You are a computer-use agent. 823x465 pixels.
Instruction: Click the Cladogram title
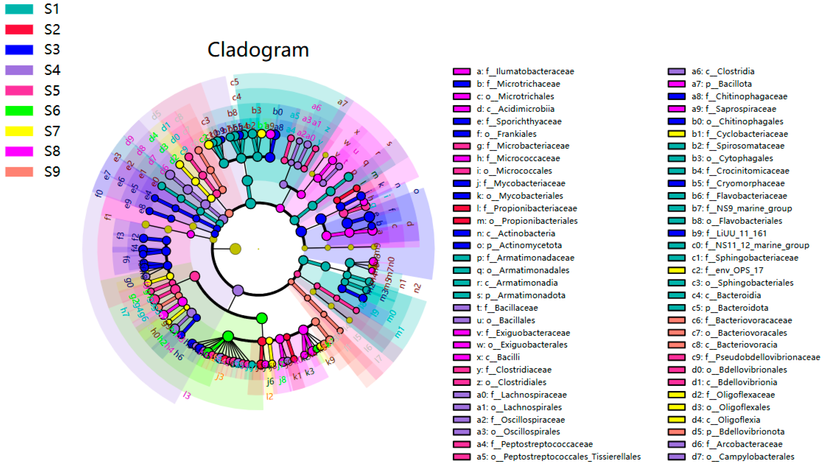[x=258, y=50]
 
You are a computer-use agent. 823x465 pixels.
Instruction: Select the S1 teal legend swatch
[x=19, y=9]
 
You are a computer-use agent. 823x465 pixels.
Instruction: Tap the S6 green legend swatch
[x=19, y=110]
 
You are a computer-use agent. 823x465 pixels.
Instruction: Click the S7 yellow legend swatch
[x=19, y=131]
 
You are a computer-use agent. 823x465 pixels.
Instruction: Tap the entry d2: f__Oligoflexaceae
[x=733, y=395]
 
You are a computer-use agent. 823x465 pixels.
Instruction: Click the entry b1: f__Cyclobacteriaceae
[x=740, y=134]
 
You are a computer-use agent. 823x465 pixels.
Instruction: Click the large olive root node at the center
[x=235, y=249]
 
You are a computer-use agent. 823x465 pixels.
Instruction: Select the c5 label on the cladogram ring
[x=235, y=82]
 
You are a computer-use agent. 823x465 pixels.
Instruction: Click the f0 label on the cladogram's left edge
[x=99, y=193]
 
